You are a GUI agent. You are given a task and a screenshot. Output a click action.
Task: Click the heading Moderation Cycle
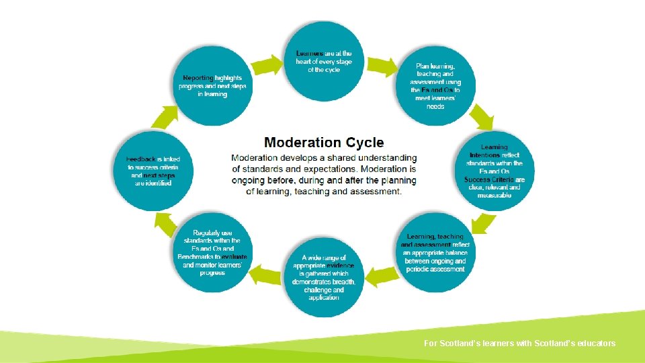(x=324, y=143)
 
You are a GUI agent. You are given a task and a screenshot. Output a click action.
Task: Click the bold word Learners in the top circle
(x=310, y=54)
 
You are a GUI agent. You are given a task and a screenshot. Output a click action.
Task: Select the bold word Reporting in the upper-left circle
(x=198, y=78)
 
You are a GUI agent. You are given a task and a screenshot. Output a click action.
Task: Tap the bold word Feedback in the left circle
(x=141, y=159)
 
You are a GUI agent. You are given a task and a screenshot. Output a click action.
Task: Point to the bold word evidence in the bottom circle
(x=340, y=266)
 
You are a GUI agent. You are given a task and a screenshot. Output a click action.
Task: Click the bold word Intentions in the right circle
(x=484, y=155)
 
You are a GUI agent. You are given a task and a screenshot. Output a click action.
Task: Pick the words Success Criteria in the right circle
(x=488, y=179)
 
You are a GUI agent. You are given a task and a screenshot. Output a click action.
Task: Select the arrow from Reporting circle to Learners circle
(x=267, y=65)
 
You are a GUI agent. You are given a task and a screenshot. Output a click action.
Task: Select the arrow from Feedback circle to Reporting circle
(x=164, y=118)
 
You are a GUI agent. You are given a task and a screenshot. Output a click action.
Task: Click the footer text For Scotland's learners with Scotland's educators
(x=519, y=344)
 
